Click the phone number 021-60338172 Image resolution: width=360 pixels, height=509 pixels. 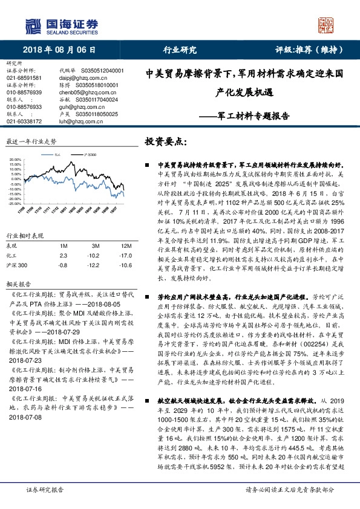coord(24,121)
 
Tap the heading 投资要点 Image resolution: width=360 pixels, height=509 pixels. coord(167,141)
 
